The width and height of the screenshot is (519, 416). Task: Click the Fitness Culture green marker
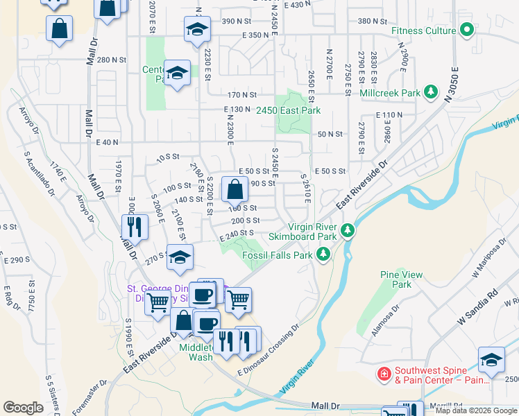[x=467, y=31]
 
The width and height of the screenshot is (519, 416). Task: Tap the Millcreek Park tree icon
[x=431, y=92]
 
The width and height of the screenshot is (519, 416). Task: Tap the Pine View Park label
[x=401, y=279]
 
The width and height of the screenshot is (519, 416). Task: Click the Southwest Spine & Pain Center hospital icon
[x=383, y=374]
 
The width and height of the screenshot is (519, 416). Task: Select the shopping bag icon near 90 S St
[x=235, y=188]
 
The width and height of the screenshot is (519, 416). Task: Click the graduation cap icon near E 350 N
[x=196, y=29]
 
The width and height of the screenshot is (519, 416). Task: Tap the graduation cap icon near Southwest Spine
[x=491, y=360]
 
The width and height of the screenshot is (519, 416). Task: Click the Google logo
[x=24, y=408]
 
